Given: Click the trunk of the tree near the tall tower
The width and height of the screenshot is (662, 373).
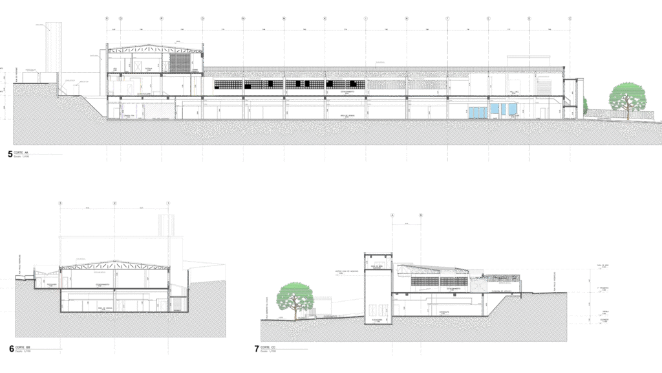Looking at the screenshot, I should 296,312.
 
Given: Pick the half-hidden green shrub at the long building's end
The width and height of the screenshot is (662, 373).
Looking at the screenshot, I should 585,104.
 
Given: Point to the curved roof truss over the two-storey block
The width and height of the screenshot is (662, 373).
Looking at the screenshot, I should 155,49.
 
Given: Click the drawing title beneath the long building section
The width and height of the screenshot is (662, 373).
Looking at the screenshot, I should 19,153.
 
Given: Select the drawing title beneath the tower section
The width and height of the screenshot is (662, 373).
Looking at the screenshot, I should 264,348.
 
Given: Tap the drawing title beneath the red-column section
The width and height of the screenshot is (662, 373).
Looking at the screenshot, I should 21,348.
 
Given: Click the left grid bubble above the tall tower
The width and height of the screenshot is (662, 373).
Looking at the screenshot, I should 392,215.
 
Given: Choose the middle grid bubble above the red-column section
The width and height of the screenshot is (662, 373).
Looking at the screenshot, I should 114,203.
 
